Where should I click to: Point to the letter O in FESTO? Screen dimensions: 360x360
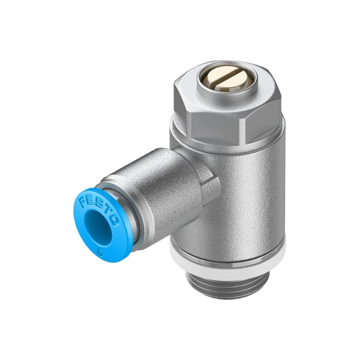(115, 220)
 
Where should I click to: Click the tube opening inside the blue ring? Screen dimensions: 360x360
(97, 227)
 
